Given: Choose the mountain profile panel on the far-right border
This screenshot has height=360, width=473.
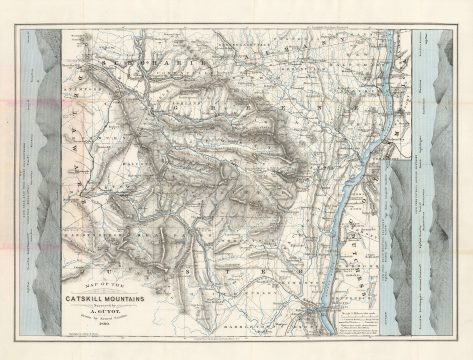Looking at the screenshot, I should pyautogui.click(x=441, y=180).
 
